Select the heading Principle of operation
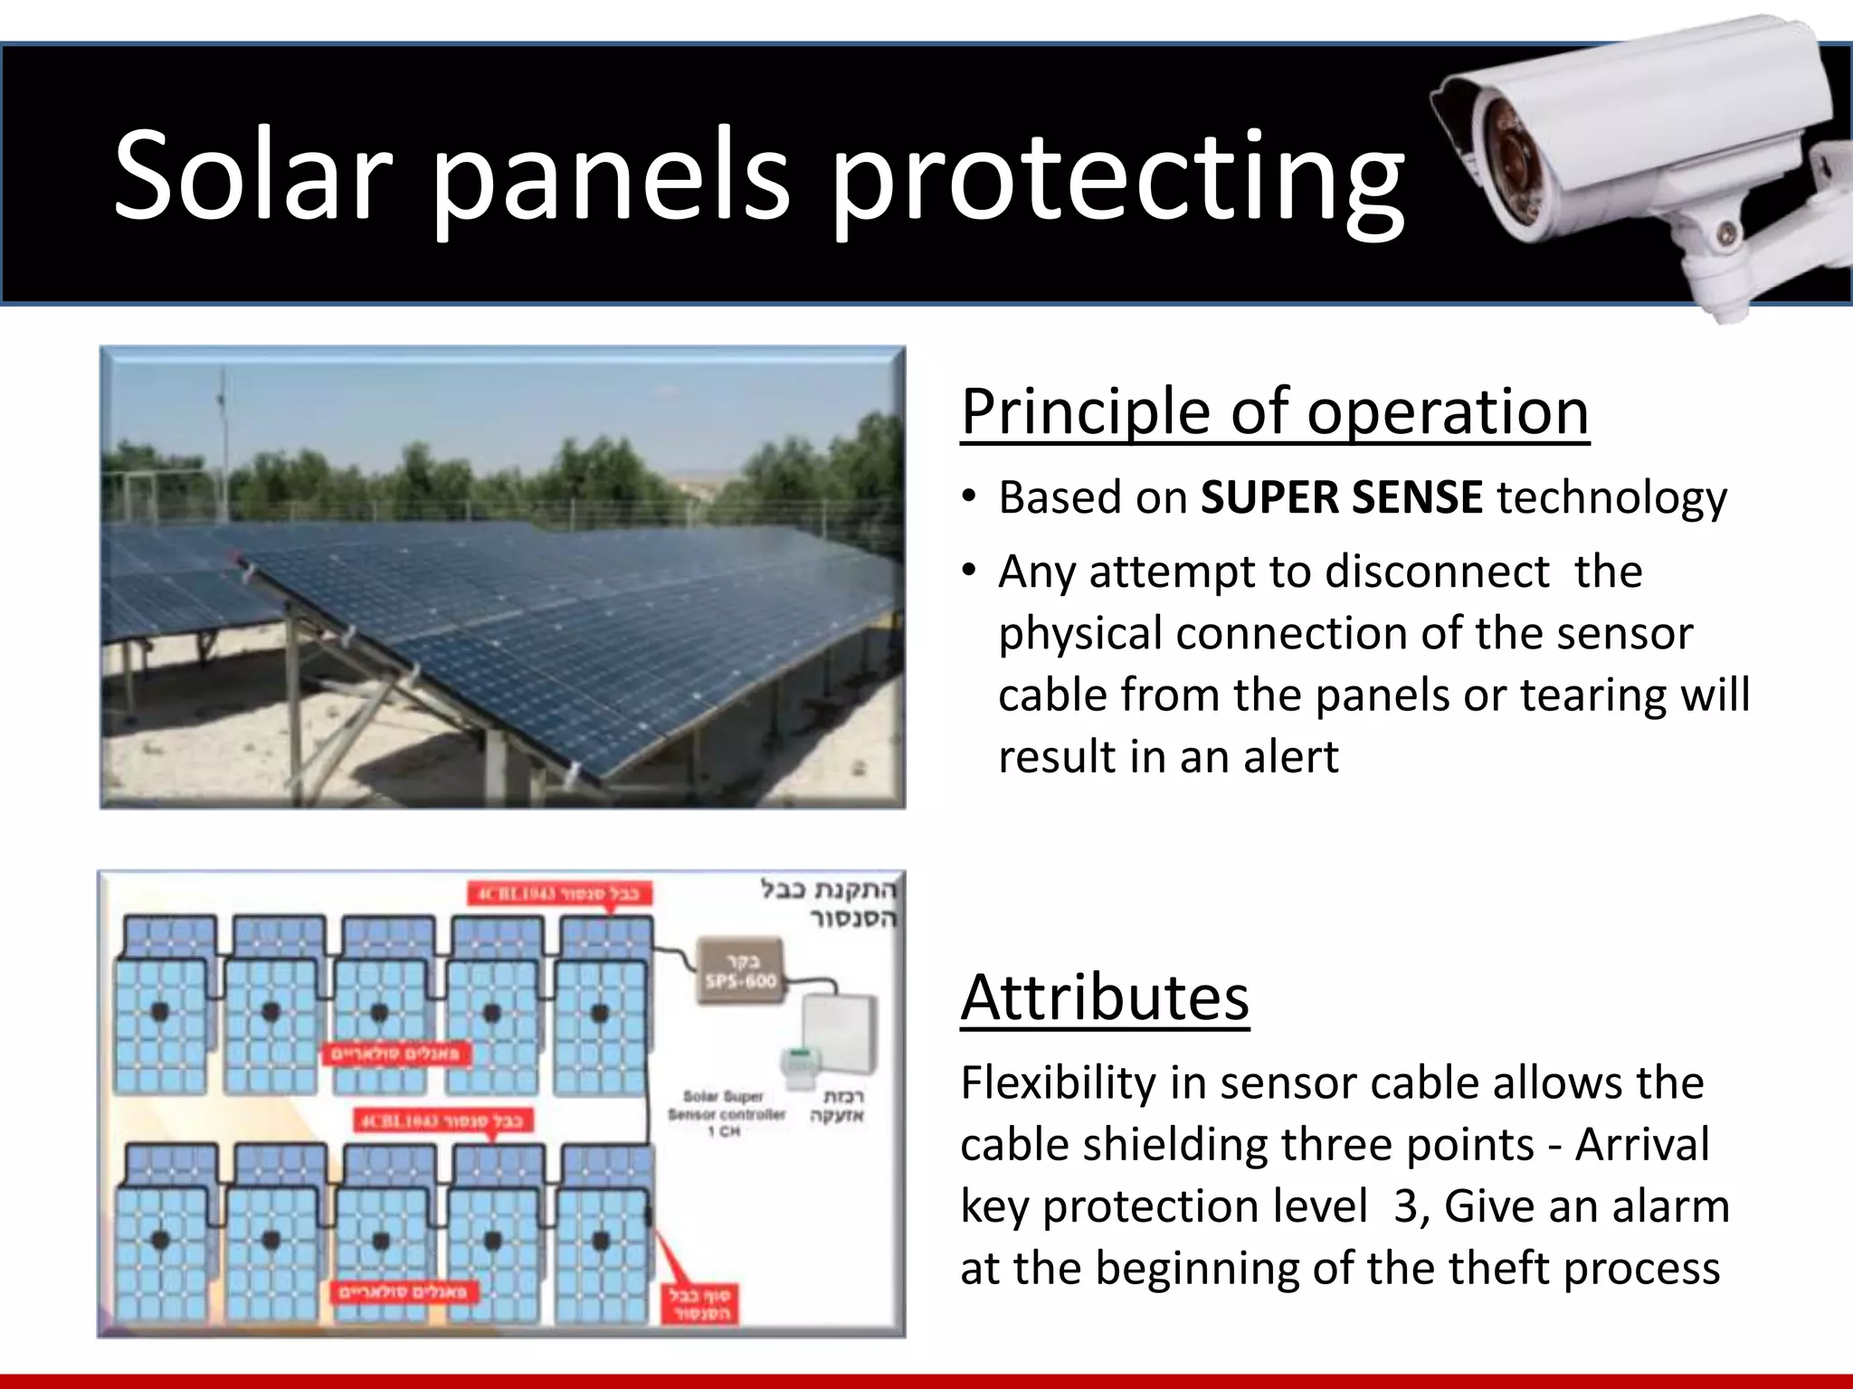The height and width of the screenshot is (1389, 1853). click(x=1274, y=411)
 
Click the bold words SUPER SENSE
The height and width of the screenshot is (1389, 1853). click(x=1341, y=497)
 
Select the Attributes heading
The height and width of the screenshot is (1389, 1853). click(x=1105, y=997)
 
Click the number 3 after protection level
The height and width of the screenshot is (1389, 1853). click(x=1405, y=1206)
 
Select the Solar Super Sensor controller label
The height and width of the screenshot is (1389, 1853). click(x=726, y=1113)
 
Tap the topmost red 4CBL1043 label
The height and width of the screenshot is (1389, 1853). click(x=559, y=893)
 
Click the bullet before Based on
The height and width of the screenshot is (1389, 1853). click(x=969, y=498)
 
